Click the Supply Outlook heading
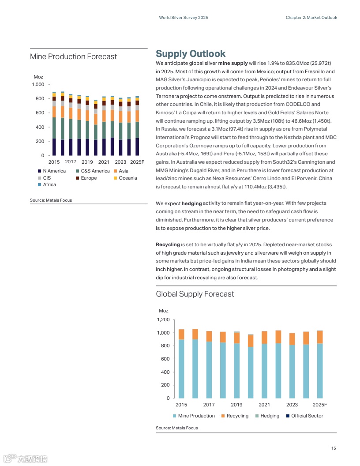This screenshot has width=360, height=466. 191,54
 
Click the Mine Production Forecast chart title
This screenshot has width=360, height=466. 73,56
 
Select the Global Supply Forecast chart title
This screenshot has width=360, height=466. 195,294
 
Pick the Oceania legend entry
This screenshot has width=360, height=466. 127,178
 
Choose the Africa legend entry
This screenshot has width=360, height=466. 49,184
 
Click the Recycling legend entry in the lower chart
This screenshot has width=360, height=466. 237,416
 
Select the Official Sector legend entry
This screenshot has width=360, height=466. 307,416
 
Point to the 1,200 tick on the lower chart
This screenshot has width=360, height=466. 163,319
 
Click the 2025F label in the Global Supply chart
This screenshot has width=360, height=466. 319,405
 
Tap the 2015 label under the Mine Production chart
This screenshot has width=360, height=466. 54,162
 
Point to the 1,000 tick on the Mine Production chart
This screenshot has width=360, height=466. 38,84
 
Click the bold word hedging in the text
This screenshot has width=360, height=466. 191,203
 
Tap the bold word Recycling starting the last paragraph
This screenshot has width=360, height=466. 168,244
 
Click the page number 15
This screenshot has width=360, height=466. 334,448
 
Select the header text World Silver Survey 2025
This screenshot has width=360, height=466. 183,18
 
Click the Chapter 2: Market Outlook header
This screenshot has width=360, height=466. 311,18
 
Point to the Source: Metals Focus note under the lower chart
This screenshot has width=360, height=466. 176,428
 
